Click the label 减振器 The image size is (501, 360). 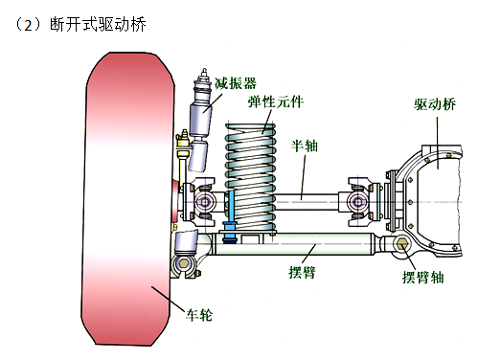[x=235, y=83]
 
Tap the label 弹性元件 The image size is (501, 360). [x=276, y=101]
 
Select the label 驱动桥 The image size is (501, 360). [x=435, y=104]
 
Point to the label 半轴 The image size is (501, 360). [x=305, y=146]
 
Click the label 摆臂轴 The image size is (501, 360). [x=422, y=277]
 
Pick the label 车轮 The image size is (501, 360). [x=199, y=315]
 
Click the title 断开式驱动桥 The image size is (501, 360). [x=98, y=24]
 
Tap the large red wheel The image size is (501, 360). [x=127, y=198]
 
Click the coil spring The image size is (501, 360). [x=251, y=177]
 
